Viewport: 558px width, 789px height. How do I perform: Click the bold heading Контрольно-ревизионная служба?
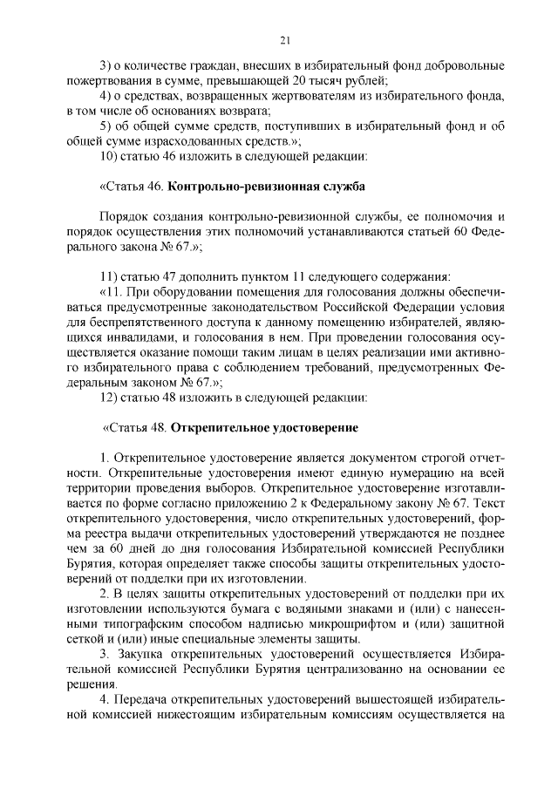266,187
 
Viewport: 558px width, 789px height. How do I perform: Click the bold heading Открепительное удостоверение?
264,429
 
